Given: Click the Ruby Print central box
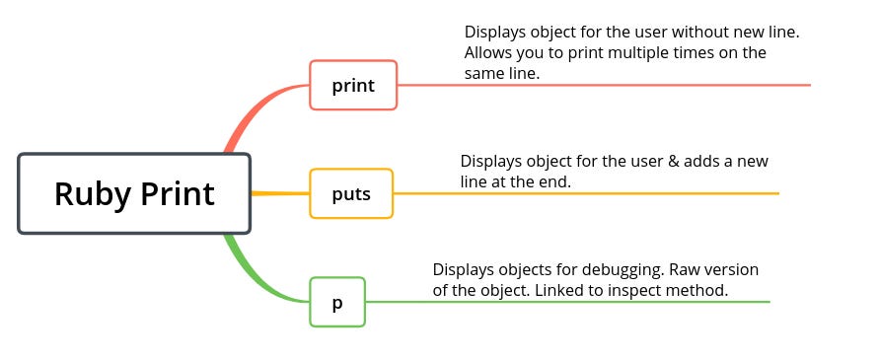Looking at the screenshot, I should pyautogui.click(x=134, y=193).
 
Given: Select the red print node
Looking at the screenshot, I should pyautogui.click(x=353, y=85).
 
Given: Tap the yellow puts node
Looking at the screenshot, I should pyautogui.click(x=351, y=193).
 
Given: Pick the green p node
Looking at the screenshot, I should pyautogui.click(x=337, y=302).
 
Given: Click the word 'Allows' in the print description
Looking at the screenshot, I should pyautogui.click(x=489, y=52).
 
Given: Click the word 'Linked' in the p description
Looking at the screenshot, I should pyautogui.click(x=558, y=290).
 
